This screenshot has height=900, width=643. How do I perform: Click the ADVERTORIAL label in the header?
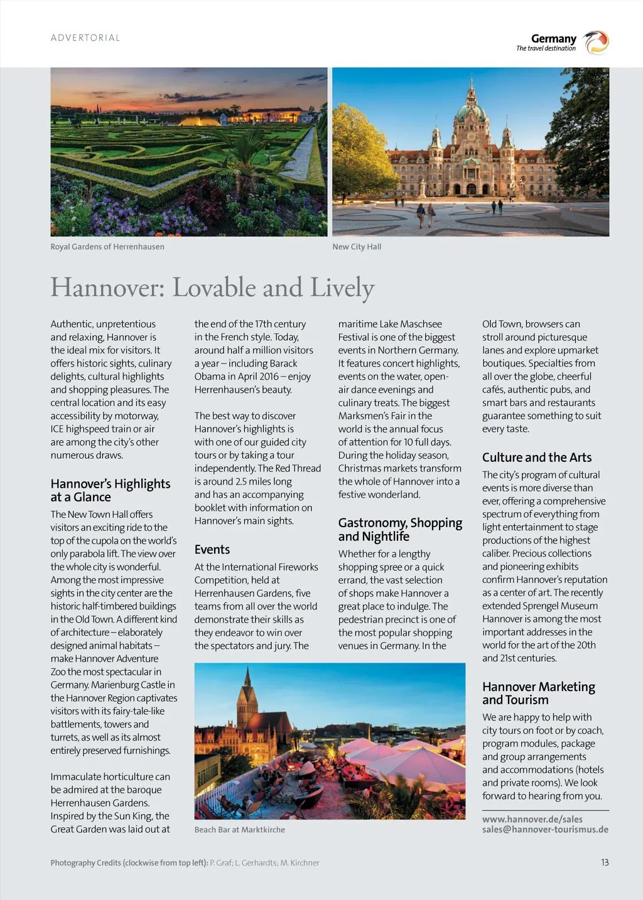coord(85,38)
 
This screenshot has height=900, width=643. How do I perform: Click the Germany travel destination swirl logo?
coord(595,43)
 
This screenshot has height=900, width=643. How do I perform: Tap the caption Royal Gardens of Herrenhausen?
coord(107,247)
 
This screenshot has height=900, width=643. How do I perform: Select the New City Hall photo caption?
coord(357,247)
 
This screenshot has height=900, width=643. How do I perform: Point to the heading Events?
coord(212,550)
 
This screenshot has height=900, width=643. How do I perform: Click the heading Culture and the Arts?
coord(537,458)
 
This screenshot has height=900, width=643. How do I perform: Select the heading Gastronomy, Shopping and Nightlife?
coord(400,530)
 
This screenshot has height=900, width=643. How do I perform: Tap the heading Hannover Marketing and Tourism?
coord(539,694)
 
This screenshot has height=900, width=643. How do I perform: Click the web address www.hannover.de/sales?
coord(532,819)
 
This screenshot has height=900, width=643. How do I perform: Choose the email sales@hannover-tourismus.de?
coord(545,829)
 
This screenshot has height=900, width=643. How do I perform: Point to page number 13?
coord(605,862)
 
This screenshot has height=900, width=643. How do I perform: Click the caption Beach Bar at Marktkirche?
coord(240,830)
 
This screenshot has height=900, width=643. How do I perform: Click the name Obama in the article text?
coord(209,377)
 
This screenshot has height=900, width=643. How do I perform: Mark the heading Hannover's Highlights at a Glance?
coord(111,490)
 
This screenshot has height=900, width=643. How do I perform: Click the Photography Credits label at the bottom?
coord(129,863)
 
